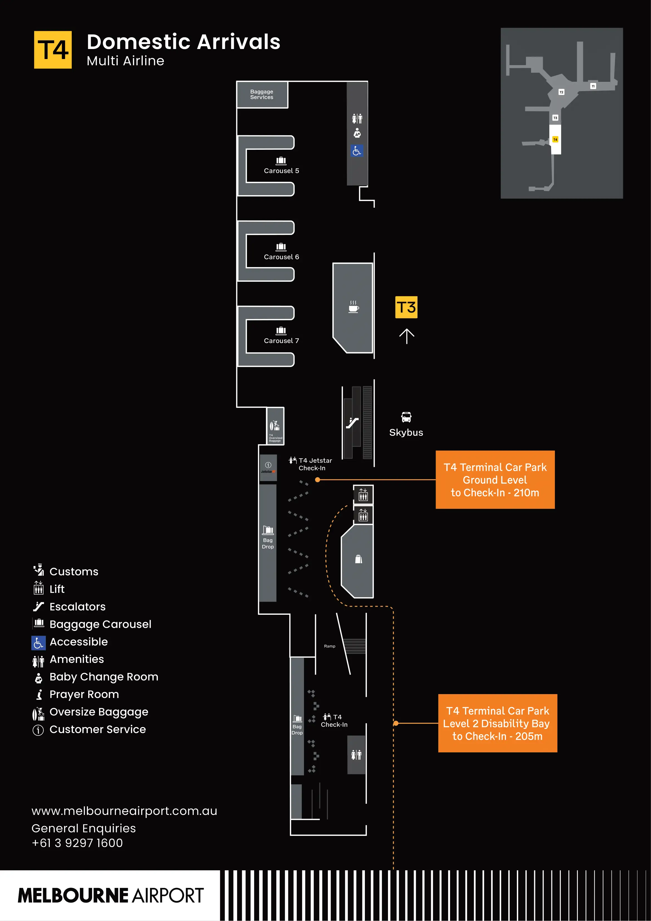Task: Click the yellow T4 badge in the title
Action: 53,50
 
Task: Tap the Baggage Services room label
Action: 262,94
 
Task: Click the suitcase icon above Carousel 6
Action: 281,247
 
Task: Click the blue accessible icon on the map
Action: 357,151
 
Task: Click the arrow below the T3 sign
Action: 406,336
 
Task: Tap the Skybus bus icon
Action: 406,417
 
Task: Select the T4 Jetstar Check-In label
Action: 315,464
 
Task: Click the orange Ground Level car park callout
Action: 495,480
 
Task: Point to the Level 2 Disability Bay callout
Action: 497,723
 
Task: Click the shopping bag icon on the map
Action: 358,559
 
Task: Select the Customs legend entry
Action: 73,571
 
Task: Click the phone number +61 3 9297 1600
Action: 77,843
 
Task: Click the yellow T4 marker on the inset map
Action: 555,139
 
